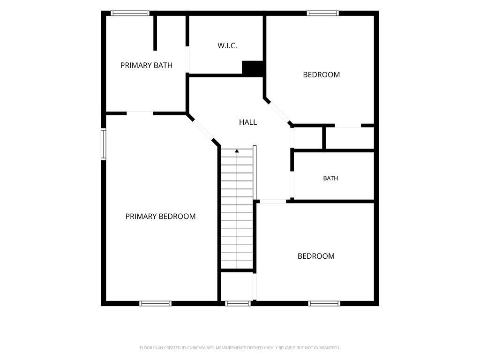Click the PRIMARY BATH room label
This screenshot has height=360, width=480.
pos(146,65)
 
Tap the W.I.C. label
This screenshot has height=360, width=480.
pos(227,45)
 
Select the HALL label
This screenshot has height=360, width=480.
pos(248,122)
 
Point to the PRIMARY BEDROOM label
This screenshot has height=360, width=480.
pos(160,217)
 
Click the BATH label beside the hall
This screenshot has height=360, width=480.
pos(330,178)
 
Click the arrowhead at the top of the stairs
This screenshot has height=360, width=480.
pos(237,150)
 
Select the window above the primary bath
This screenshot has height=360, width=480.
pos(130,13)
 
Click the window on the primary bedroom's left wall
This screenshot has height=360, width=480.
pos(104,144)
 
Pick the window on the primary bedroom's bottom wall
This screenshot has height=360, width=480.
pos(156,303)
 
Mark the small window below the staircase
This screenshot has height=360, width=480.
pos(238,303)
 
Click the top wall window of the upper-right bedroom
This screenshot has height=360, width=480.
pos(323,13)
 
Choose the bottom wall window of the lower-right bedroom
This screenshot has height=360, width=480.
pos(324,303)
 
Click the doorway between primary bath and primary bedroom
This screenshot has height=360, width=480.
pos(140,113)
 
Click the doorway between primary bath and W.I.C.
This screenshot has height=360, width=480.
pos(187,60)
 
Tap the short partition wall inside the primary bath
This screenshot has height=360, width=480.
pos(155,33)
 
